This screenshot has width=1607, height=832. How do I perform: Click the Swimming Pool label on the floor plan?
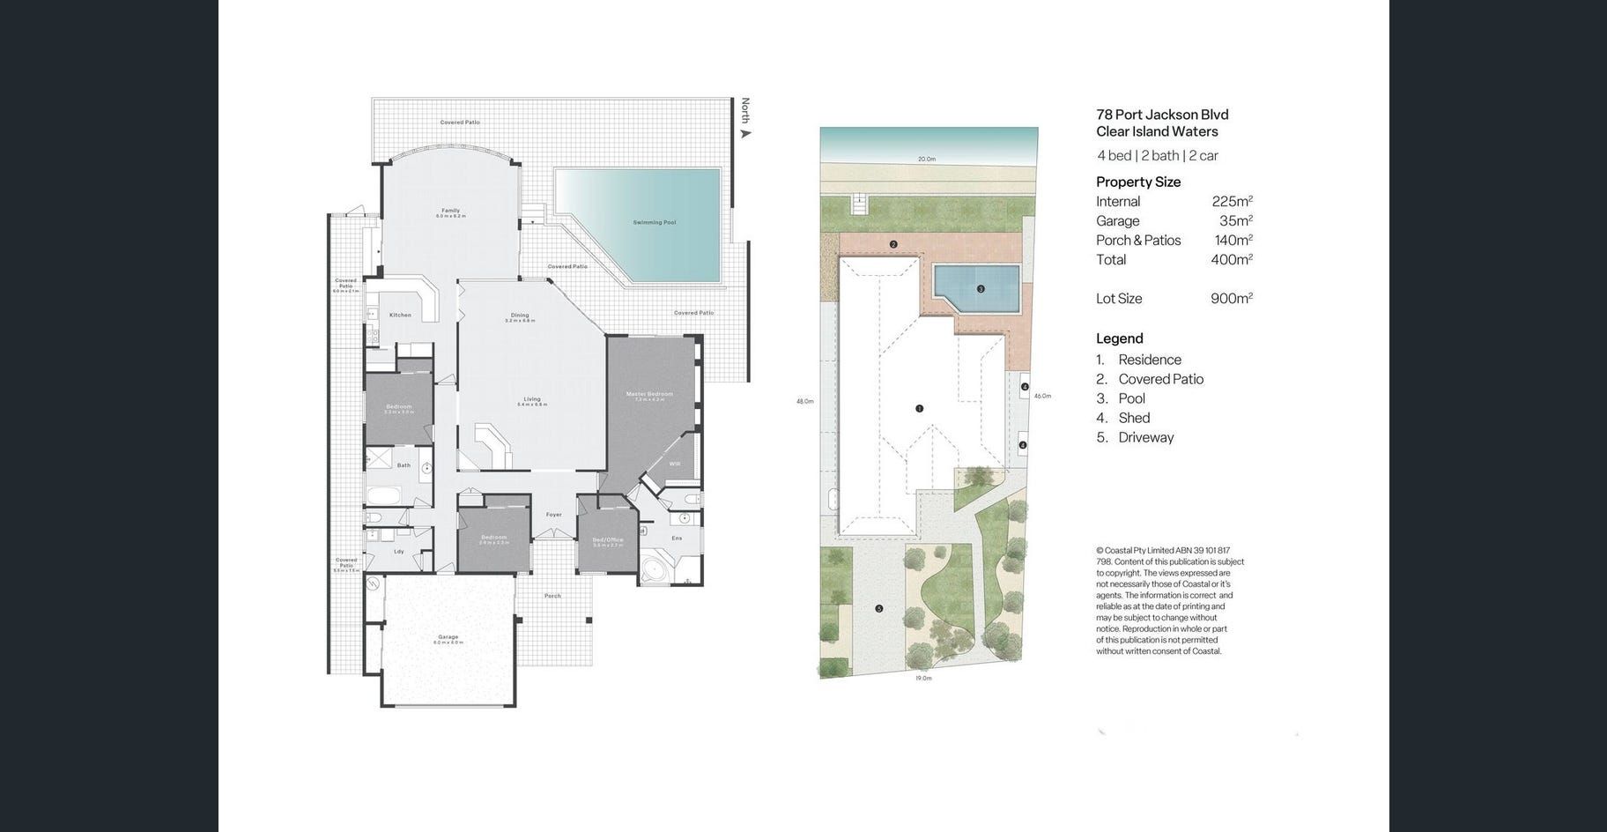click(x=654, y=222)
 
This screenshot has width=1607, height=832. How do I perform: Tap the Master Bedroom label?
click(x=649, y=394)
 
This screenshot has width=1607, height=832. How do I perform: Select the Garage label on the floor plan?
click(x=448, y=636)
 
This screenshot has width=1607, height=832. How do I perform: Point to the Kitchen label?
click(x=400, y=315)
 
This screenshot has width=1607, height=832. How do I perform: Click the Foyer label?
click(x=553, y=515)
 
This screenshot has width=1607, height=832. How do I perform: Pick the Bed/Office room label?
click(x=608, y=539)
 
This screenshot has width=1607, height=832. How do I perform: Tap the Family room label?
click(x=450, y=211)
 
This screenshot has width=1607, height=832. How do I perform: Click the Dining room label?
click(x=520, y=315)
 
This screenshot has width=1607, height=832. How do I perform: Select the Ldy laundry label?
click(x=398, y=552)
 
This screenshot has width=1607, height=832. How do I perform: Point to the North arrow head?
click(x=746, y=134)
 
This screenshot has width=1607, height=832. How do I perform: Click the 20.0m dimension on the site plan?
click(x=926, y=160)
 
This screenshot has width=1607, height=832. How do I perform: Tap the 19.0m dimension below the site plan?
click(x=922, y=678)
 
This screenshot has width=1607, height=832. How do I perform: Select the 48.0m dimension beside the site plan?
click(x=804, y=401)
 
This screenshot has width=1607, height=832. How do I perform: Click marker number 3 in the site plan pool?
click(x=981, y=289)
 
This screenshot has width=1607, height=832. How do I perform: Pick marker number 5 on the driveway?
click(x=878, y=609)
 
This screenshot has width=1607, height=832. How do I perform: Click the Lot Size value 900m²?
click(x=1231, y=298)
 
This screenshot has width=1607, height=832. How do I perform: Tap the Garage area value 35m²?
click(x=1235, y=220)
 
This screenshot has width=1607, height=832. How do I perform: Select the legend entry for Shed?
click(x=1134, y=418)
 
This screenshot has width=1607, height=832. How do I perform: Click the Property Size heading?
click(x=1138, y=182)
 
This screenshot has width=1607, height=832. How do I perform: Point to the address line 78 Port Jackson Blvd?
click(x=1162, y=115)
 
